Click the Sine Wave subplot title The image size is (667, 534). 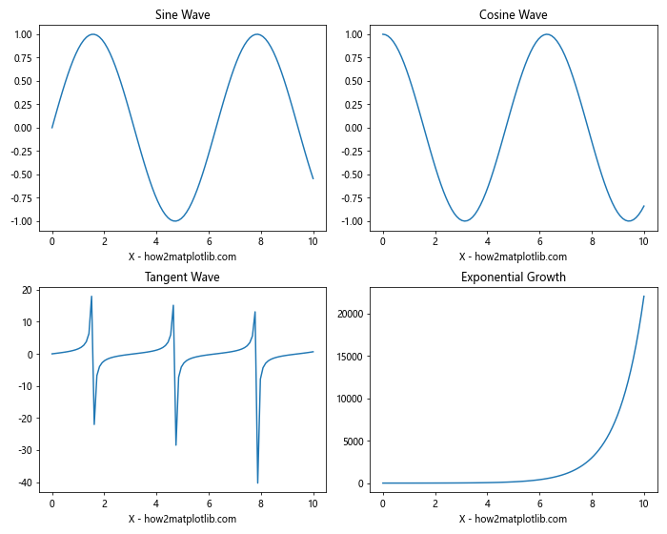click(x=182, y=15)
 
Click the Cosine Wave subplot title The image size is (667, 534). click(x=513, y=15)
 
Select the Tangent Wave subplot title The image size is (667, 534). click(x=182, y=277)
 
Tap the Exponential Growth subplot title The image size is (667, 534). click(x=513, y=277)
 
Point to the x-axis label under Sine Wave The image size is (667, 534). click(x=182, y=257)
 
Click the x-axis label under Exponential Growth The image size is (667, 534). click(x=513, y=519)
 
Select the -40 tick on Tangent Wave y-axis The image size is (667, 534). click(x=22, y=483)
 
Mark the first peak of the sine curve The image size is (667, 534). click(x=92, y=34)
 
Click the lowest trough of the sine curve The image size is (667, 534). click(x=175, y=221)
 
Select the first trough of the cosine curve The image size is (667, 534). click(x=465, y=221)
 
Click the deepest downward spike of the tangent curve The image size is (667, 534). click(x=257, y=483)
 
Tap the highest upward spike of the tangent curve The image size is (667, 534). click(x=91, y=297)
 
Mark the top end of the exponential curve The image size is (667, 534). click(x=643, y=297)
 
